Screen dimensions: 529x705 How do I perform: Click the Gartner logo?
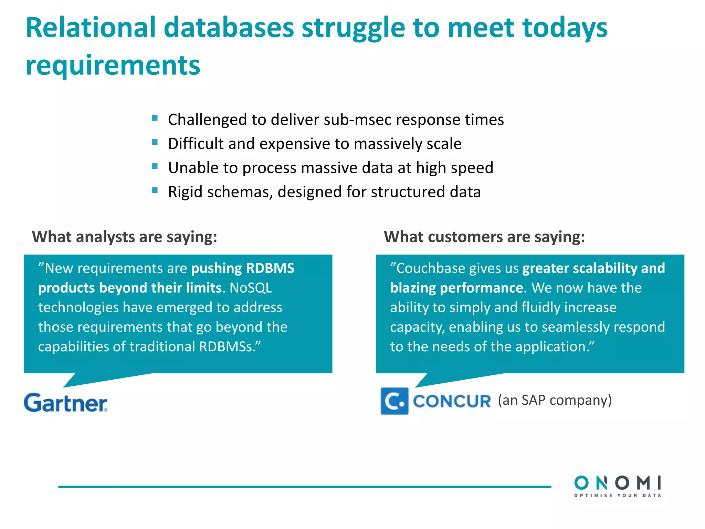point(65,403)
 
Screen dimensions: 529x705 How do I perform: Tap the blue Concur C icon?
point(394,401)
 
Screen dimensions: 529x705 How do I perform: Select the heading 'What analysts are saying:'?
point(125,237)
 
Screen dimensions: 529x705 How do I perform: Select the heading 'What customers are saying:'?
point(484,237)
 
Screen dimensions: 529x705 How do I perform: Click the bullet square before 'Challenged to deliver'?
point(155,118)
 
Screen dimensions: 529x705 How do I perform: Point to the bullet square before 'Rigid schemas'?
point(155,190)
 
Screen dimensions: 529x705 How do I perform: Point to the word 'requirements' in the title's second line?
point(113,65)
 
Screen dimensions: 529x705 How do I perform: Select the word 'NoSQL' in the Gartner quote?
point(251,288)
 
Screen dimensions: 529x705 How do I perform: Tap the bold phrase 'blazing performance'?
point(457,288)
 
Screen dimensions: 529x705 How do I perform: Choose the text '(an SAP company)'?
point(555,400)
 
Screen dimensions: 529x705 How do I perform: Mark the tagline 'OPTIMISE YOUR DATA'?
point(618,496)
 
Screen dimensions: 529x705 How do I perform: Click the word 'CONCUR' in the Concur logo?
point(452,401)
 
